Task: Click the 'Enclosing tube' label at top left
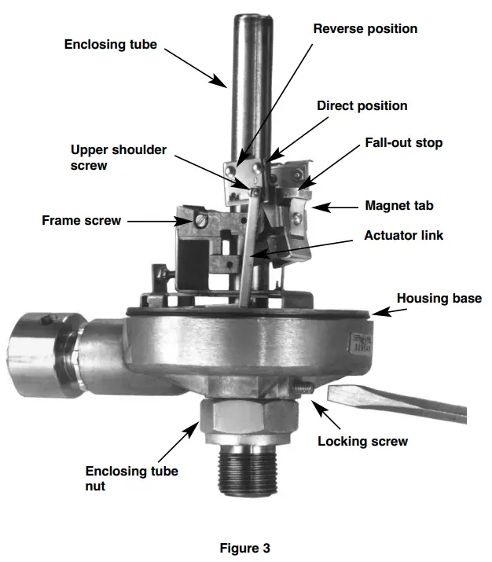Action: click(111, 45)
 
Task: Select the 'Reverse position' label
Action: click(365, 29)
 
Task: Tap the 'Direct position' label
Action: click(362, 105)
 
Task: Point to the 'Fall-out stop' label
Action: click(403, 143)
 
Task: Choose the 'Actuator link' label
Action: click(403, 235)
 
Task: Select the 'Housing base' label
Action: click(439, 299)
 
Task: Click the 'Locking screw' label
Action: click(362, 441)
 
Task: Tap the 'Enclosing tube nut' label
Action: click(131, 479)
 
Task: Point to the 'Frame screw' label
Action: click(81, 221)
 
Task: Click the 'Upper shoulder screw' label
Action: click(118, 157)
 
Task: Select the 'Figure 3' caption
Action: click(245, 549)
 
